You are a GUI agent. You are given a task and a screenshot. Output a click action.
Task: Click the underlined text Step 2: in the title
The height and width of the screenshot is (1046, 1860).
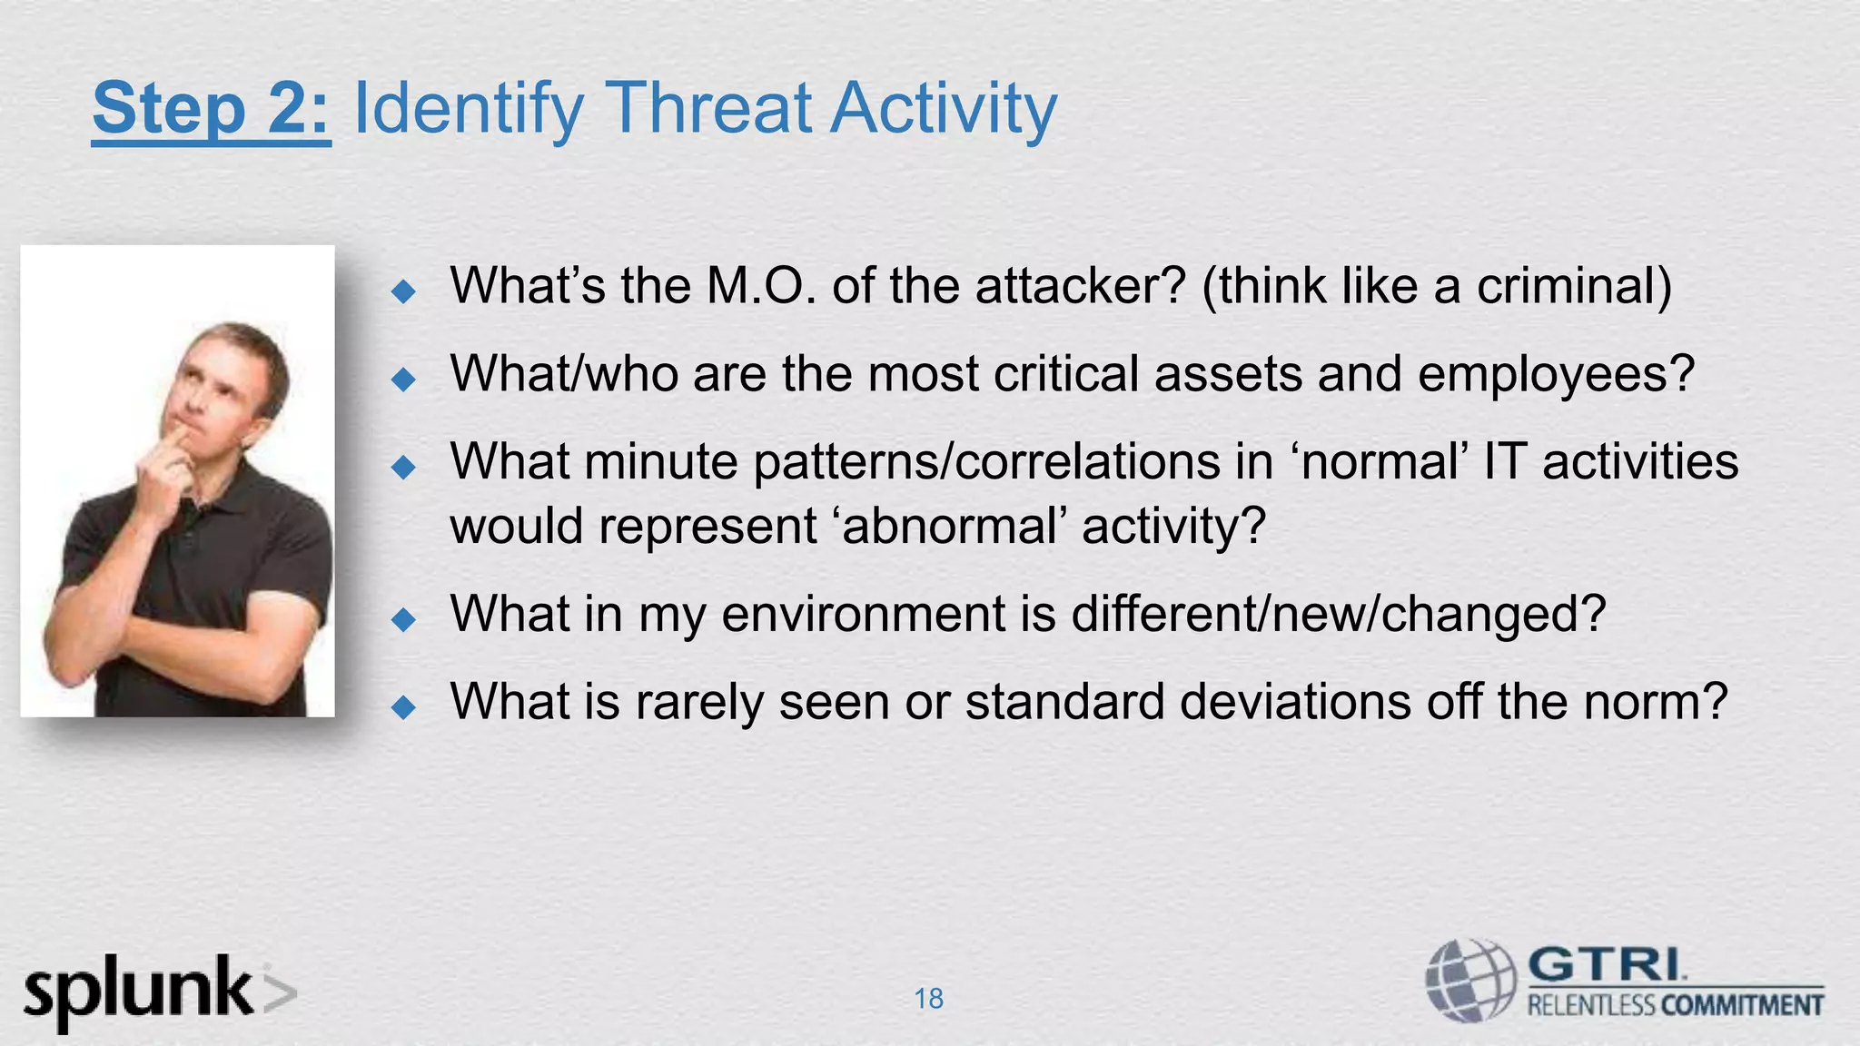211,109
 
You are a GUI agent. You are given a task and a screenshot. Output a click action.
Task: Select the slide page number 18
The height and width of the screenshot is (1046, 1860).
928,999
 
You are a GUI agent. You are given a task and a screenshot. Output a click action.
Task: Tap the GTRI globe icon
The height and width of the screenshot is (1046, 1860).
1470,982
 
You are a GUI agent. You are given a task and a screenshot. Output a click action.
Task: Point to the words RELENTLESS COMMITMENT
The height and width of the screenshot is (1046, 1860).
1676,1006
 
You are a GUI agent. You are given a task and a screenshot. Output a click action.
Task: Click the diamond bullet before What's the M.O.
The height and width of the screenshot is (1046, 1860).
402,291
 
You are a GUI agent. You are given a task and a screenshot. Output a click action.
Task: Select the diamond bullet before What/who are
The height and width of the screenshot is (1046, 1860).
402,379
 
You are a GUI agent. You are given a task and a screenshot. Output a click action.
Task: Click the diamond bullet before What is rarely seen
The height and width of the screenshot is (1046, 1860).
402,706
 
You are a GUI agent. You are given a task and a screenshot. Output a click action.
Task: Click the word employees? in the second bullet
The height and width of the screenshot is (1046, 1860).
1556,374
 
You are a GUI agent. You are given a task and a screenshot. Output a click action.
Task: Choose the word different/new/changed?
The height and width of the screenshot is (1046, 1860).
1339,614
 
